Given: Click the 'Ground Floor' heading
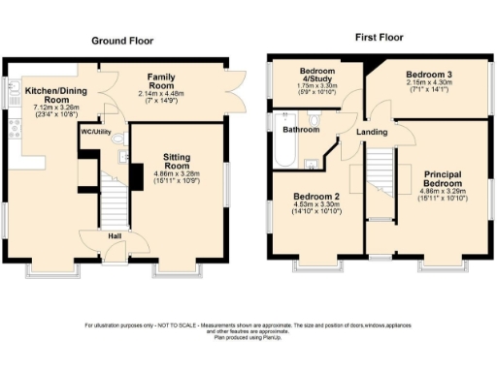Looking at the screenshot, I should tap(122, 41).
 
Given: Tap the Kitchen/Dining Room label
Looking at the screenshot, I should tap(39, 94).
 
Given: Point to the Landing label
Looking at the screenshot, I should tap(372, 132).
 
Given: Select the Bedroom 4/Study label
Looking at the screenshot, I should tap(315, 75).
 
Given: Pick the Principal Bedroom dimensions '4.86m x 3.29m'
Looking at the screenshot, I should tap(442, 191).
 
